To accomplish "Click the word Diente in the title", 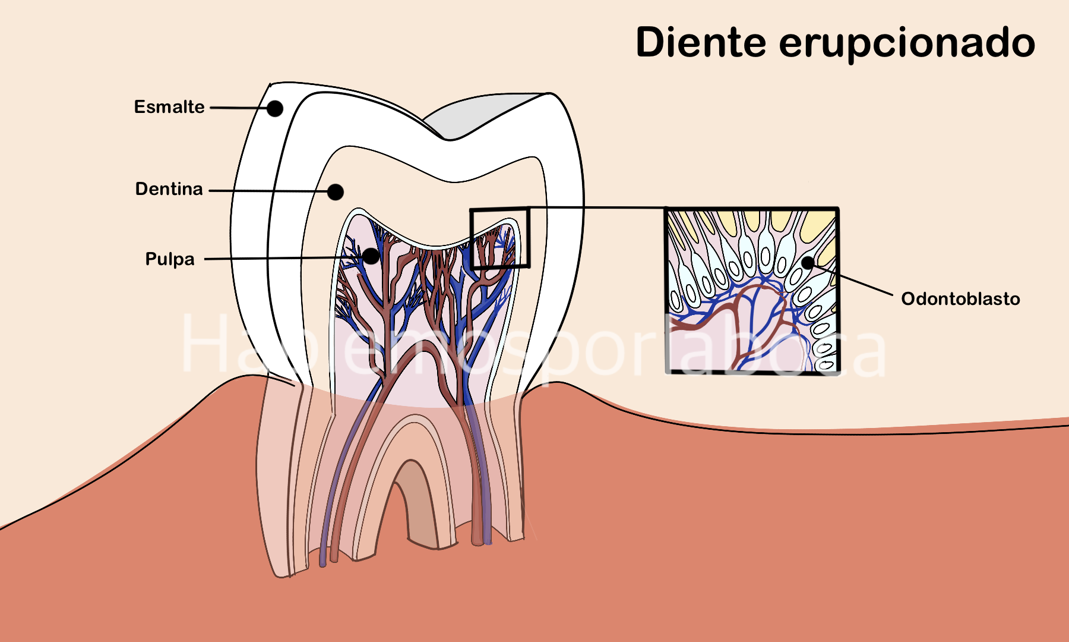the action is click(701, 42).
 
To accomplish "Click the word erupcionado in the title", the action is click(907, 43).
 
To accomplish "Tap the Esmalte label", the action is click(169, 107).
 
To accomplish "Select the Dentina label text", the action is click(169, 189).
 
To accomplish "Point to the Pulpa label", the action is click(170, 259).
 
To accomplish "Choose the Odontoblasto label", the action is click(960, 298).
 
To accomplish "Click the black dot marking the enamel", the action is click(274, 108).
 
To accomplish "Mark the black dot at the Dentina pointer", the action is click(336, 192).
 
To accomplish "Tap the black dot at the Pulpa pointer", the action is click(371, 256).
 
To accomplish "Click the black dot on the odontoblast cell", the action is click(808, 262).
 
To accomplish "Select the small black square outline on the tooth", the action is click(470, 238).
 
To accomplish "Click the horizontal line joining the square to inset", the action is click(597, 208).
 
